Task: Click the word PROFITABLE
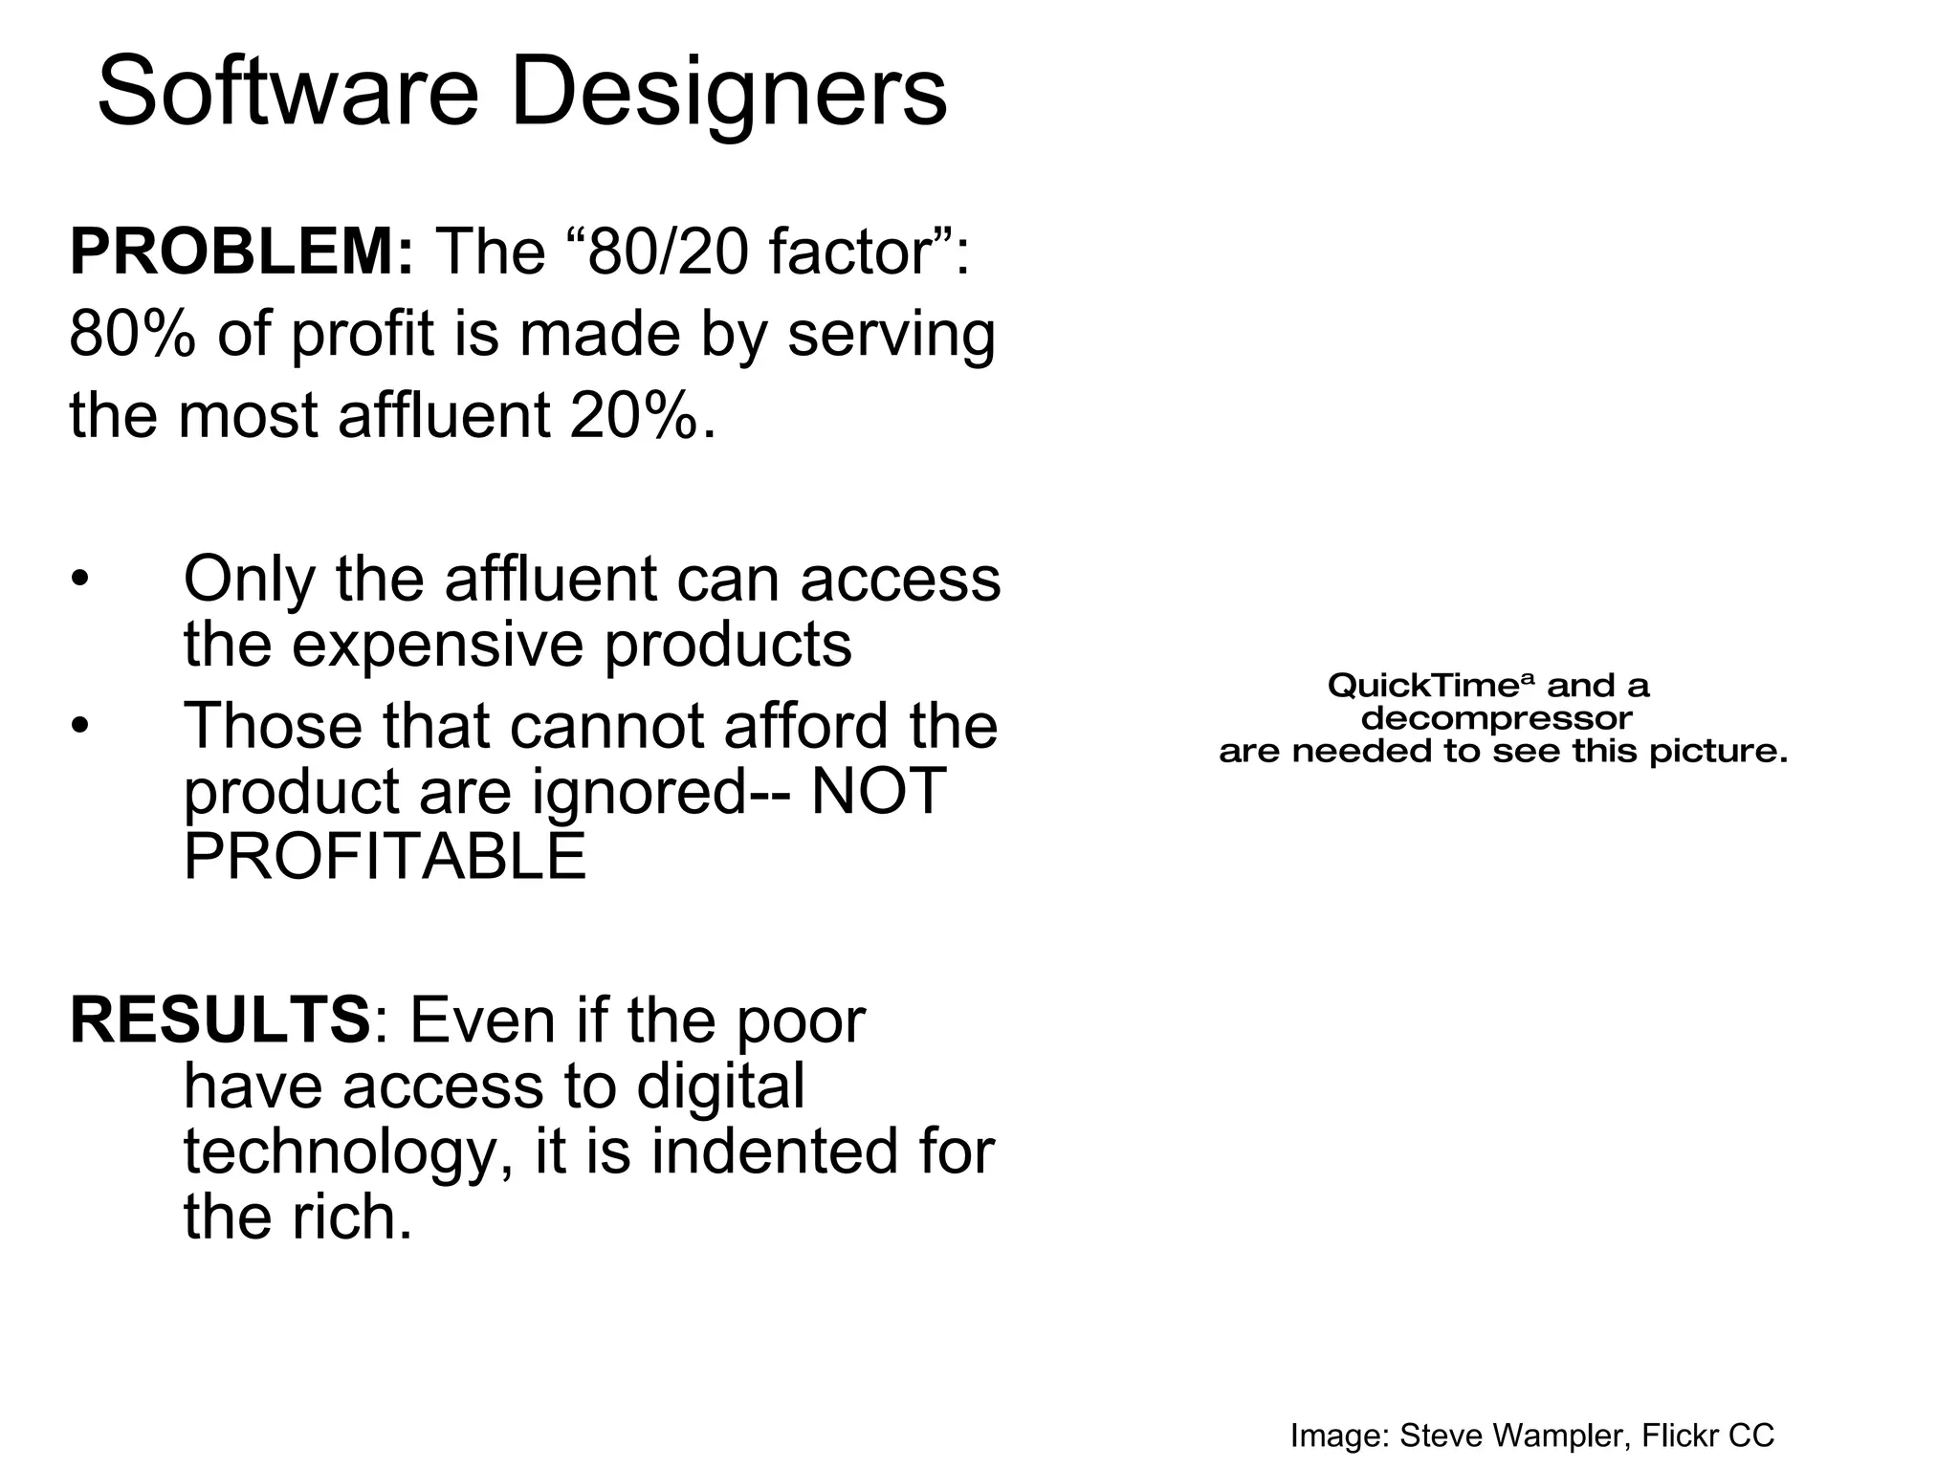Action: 385,856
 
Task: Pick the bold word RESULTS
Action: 219,1020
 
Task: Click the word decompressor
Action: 1496,718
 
